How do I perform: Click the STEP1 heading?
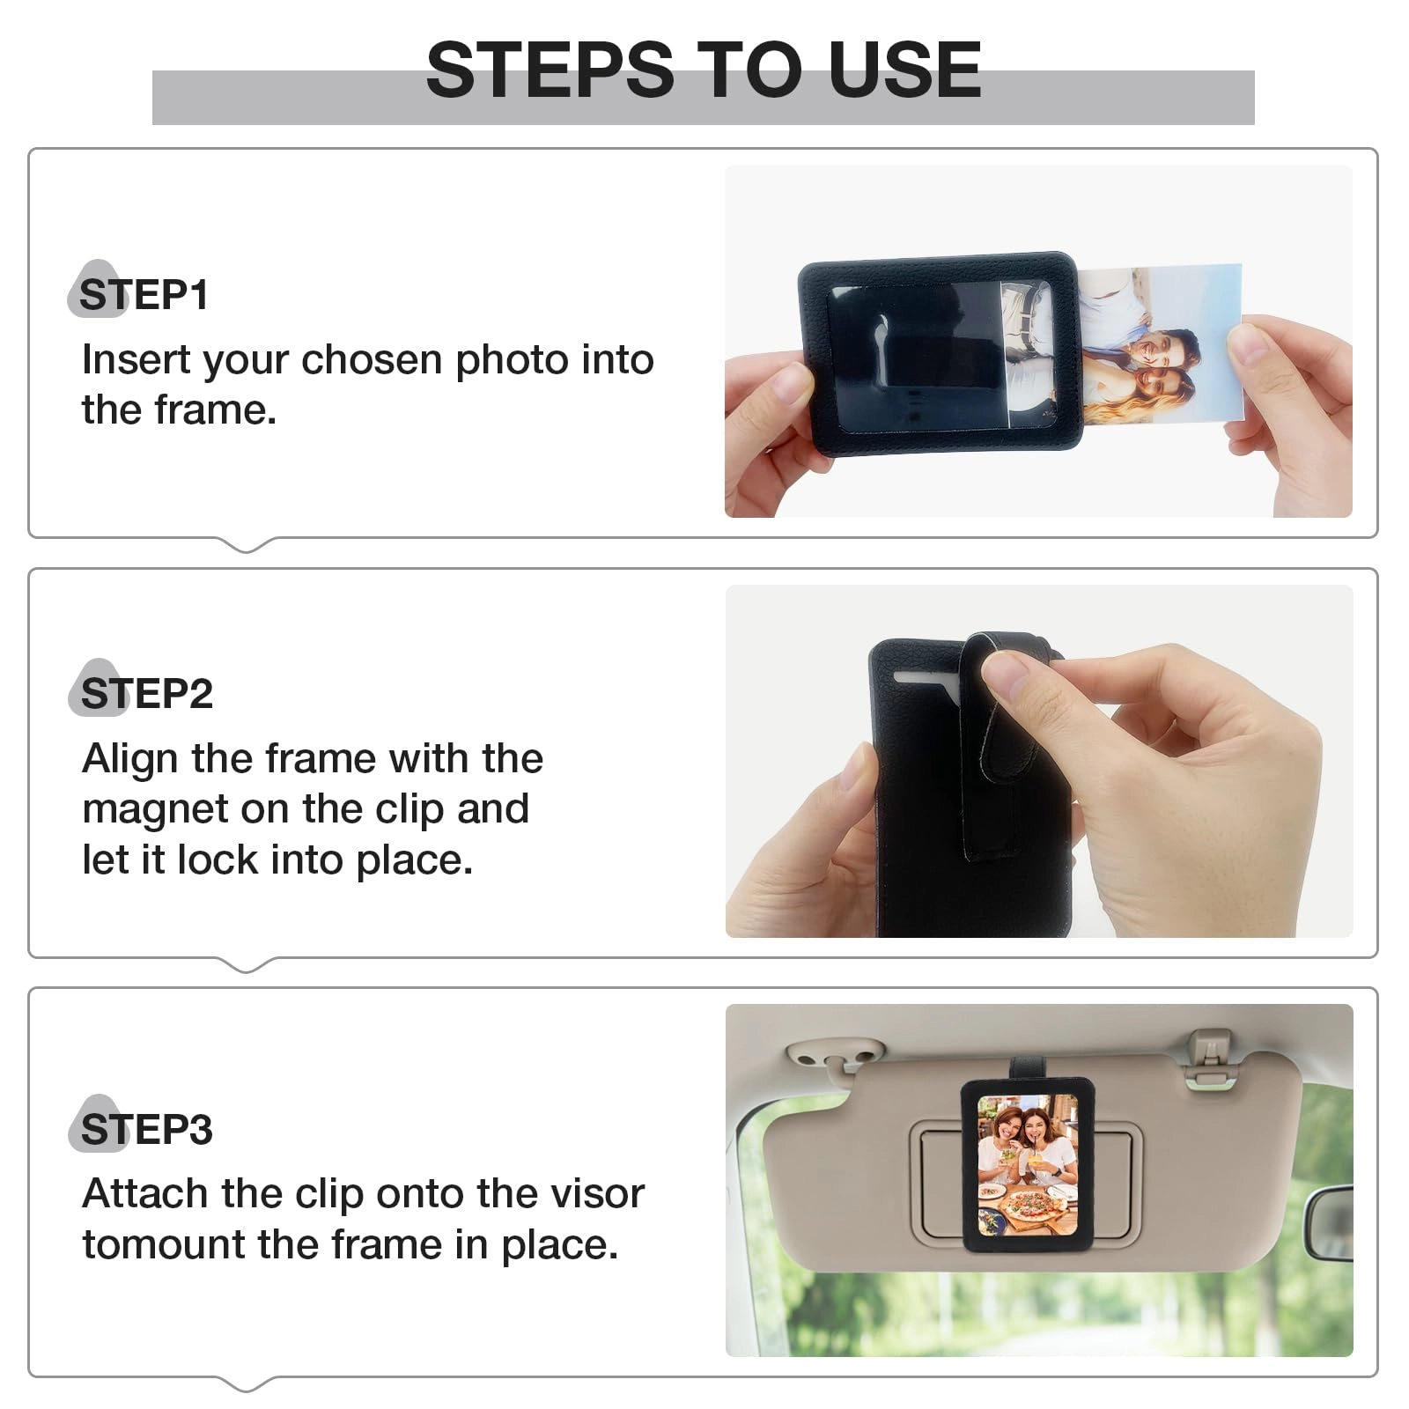tap(144, 295)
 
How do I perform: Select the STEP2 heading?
tap(146, 694)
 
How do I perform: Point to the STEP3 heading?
tap(146, 1130)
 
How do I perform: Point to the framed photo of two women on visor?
tap(1027, 1163)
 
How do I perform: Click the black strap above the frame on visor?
tap(1026, 1066)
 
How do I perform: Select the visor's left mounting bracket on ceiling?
tap(833, 1055)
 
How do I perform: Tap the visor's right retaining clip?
tap(1210, 1057)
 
